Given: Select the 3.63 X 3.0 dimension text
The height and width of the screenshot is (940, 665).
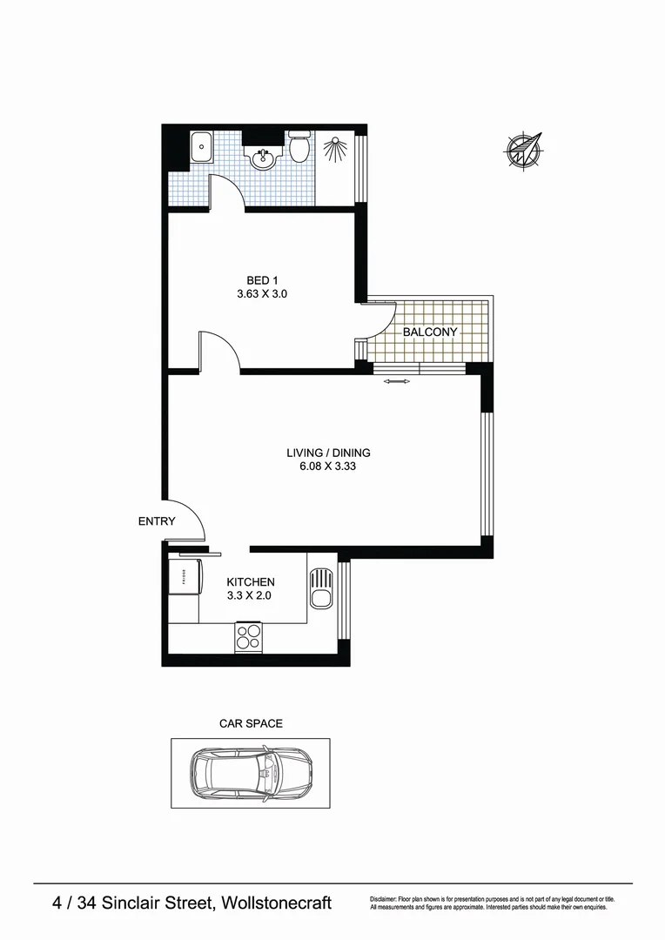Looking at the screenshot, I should [x=262, y=294].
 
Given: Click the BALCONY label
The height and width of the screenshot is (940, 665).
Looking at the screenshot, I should [x=429, y=332].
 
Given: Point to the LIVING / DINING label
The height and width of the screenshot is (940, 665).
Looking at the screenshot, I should [x=328, y=453].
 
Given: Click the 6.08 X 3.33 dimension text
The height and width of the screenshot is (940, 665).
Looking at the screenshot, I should [x=328, y=466].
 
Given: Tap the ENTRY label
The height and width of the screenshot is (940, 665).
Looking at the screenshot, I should [x=157, y=521].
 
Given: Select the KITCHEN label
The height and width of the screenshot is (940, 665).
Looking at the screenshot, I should [x=251, y=582].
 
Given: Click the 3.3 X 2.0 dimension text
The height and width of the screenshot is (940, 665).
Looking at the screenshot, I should [x=251, y=596].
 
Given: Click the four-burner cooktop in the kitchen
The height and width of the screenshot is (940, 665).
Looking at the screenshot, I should [x=248, y=636].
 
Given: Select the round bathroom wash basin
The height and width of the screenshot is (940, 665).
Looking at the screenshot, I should [x=262, y=158].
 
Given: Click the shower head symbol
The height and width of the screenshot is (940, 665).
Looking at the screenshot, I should [x=334, y=149].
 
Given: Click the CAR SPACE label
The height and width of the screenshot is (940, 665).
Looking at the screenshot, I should [x=251, y=723].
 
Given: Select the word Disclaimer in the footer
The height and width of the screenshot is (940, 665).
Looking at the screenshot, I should [x=383, y=898].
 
